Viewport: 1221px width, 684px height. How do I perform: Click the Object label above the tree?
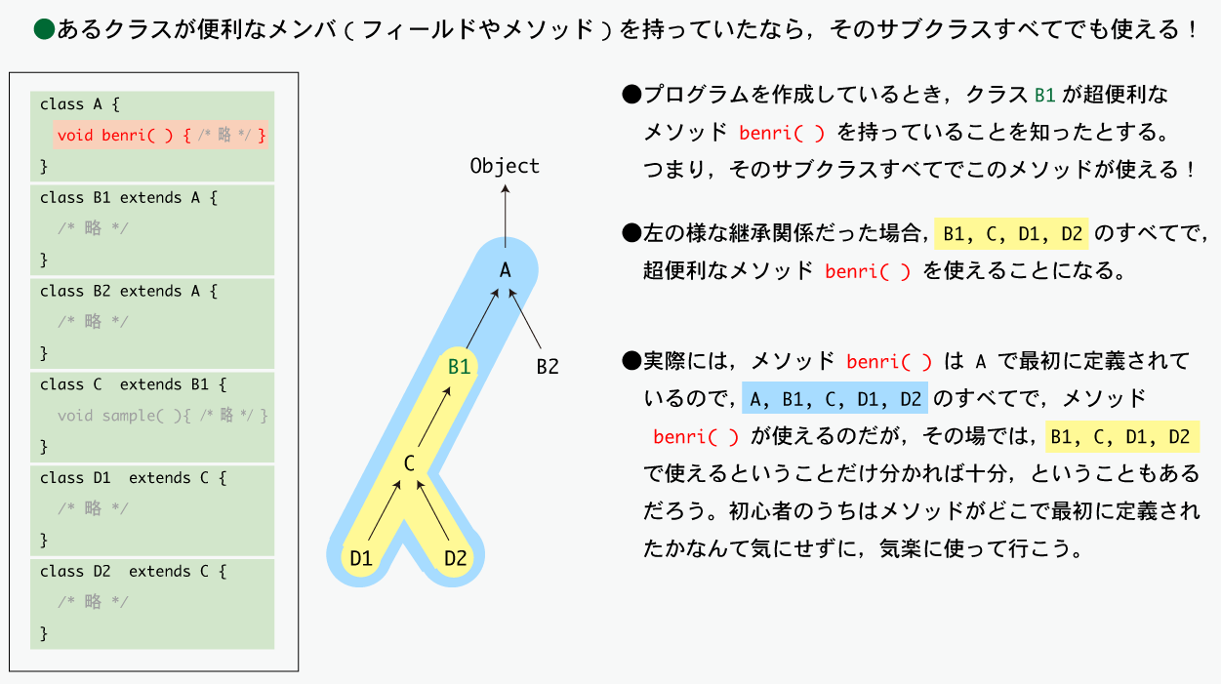click(505, 166)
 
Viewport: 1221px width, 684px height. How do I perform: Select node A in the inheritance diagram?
click(506, 270)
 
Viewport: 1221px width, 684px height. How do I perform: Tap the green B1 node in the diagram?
click(459, 367)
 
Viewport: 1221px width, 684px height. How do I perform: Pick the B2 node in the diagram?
click(548, 367)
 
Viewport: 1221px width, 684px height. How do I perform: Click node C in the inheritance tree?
click(409, 463)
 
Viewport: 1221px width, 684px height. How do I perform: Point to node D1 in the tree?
click(361, 558)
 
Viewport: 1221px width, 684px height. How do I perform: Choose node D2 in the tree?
click(455, 558)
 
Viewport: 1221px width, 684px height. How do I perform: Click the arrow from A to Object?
click(506, 216)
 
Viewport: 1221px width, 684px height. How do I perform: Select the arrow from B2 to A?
click(525, 319)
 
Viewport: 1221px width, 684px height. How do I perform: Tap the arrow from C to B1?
click(434, 417)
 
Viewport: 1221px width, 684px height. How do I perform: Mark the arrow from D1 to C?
click(385, 510)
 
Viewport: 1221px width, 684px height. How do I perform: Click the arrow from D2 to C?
click(432, 510)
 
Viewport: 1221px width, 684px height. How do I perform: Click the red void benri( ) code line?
click(161, 136)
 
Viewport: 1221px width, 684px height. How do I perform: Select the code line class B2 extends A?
click(129, 291)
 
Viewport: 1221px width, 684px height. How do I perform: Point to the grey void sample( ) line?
click(162, 416)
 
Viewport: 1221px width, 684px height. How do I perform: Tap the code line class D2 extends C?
click(133, 571)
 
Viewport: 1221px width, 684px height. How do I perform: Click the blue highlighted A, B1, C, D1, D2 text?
click(834, 398)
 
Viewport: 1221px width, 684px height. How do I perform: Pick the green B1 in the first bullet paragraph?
click(1045, 96)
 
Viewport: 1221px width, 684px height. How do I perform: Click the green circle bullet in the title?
click(44, 29)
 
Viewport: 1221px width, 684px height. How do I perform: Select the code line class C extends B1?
click(133, 384)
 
